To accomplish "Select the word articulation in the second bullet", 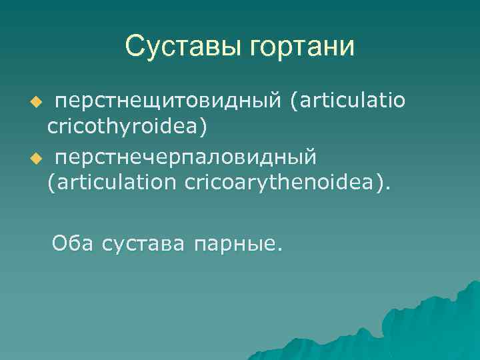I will [117, 181].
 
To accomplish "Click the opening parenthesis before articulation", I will [51, 182].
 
